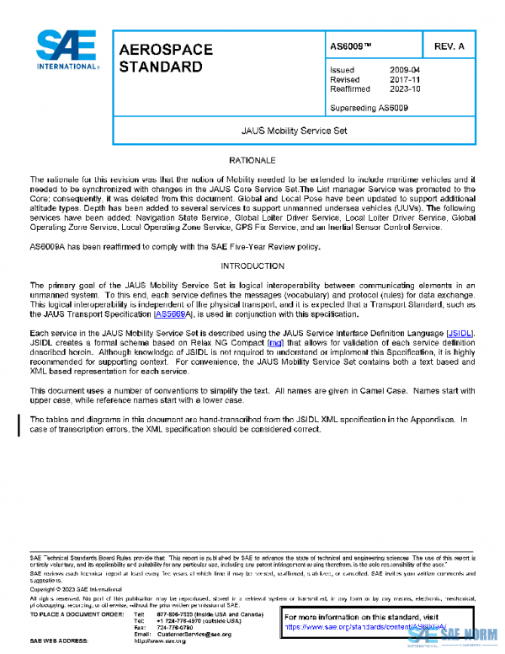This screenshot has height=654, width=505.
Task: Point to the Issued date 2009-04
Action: (x=405, y=70)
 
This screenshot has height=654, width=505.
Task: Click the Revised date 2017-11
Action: (x=405, y=79)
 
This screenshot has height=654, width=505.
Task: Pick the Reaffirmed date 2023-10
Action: (x=405, y=88)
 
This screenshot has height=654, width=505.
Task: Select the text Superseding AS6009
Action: (x=369, y=108)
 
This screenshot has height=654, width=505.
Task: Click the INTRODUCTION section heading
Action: (x=252, y=265)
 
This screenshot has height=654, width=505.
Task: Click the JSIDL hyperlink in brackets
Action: (x=460, y=335)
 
